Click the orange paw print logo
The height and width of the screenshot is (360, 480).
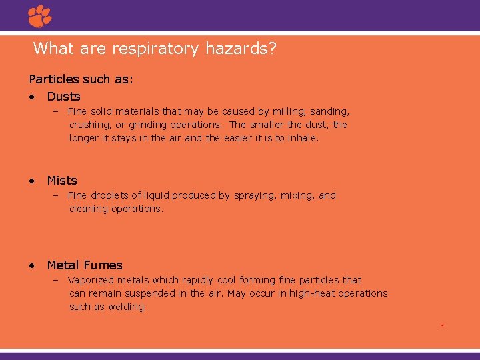pyautogui.click(x=40, y=16)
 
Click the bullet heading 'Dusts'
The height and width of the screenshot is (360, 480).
pyautogui.click(x=63, y=97)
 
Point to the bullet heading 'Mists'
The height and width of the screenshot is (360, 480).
pyautogui.click(x=62, y=181)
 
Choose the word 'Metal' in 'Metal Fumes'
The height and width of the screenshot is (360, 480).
pyautogui.click(x=64, y=265)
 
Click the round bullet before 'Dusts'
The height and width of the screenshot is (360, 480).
pyautogui.click(x=32, y=97)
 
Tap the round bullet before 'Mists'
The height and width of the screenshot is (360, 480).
pyautogui.click(x=32, y=181)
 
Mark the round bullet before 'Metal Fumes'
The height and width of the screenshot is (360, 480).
pyautogui.click(x=32, y=266)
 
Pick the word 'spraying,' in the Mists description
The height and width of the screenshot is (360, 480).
pyautogui.click(x=256, y=195)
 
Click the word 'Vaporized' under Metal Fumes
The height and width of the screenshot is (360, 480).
pyautogui.click(x=91, y=280)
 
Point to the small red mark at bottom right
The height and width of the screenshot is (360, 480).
pyautogui.click(x=442, y=325)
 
